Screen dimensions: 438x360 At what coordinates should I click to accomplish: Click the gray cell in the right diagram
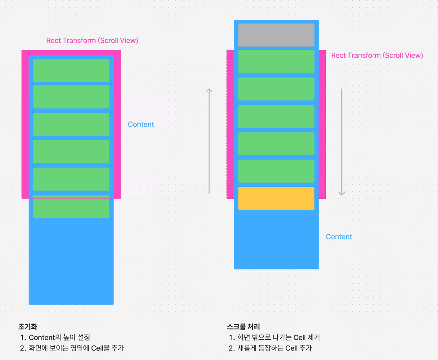click(x=276, y=35)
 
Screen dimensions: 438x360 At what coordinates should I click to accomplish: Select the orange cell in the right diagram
click(x=276, y=198)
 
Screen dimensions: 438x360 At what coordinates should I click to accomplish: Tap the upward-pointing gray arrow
click(x=209, y=141)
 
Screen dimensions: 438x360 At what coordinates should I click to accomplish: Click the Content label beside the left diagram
click(x=141, y=125)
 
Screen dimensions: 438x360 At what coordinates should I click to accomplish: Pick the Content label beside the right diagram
click(x=339, y=237)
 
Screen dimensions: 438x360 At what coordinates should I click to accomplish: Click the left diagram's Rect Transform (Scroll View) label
click(x=92, y=40)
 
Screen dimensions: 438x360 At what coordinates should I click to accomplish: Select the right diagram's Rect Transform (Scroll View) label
click(x=377, y=56)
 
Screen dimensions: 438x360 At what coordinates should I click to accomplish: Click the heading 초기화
click(x=28, y=326)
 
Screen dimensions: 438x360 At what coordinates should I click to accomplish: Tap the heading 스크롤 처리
click(x=243, y=326)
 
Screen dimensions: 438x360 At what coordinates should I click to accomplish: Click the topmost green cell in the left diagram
click(x=71, y=70)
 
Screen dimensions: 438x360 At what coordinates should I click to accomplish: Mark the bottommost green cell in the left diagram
click(x=71, y=206)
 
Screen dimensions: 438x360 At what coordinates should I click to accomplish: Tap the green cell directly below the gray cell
click(x=276, y=61)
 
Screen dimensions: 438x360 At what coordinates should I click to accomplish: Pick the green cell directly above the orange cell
click(x=276, y=171)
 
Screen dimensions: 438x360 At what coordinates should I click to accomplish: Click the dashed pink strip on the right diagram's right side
click(x=322, y=124)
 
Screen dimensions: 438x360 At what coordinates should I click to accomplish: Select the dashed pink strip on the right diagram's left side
click(x=230, y=124)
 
